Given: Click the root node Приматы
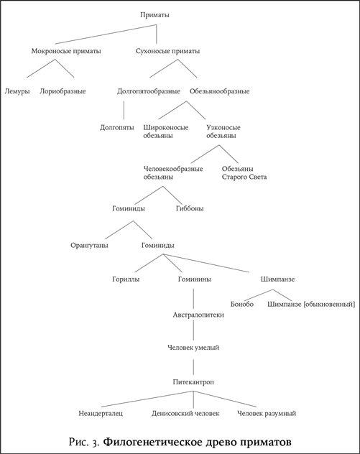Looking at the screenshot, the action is coord(154,15).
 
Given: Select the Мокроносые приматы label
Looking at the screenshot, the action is coord(66,51).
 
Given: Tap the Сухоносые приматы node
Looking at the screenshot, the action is coord(167,51).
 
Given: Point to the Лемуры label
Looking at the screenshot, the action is coord(17,91).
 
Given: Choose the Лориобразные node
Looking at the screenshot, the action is coord(63,91).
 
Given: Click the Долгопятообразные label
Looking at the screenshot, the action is coord(149,91).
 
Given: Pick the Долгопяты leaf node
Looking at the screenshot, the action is coord(117,128).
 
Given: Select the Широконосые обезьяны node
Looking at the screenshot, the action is coord(166,131).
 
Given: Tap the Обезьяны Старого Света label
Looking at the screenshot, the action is coord(244,173).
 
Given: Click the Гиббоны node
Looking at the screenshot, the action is coord(190,208).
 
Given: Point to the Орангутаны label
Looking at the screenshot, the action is coord(89,246).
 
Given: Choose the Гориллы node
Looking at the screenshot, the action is coord(126,279).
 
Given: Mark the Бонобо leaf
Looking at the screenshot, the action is coord(242,305).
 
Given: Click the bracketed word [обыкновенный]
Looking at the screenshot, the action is coord(328,305).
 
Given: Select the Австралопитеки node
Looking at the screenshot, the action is coord(198,315).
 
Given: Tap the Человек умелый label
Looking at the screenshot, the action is coord(193,348).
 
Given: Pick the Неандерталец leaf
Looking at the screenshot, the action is coord(101,414).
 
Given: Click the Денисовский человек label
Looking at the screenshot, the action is coord(185,414).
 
